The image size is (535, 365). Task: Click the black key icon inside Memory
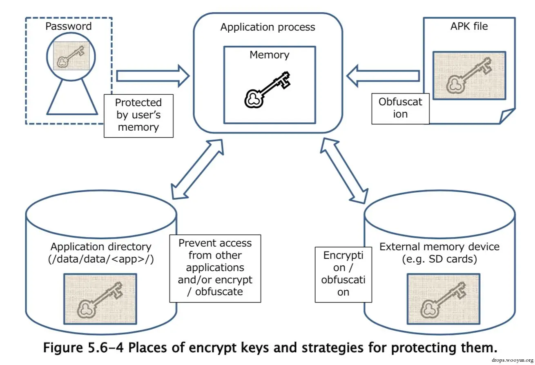(x=267, y=90)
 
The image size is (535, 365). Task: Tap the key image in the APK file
(x=469, y=76)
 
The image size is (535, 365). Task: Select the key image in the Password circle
(x=71, y=56)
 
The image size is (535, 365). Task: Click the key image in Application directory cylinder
(x=100, y=299)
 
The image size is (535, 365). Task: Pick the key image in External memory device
(x=444, y=299)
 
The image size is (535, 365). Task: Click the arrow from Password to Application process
(x=153, y=76)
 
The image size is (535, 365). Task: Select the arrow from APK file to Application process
(x=383, y=76)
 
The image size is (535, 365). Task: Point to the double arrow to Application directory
(x=197, y=169)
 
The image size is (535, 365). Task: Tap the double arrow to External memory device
(x=344, y=171)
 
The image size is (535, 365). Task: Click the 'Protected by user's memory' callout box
(x=138, y=116)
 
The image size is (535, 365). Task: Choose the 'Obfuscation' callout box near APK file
(x=400, y=109)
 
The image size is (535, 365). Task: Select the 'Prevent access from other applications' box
(x=215, y=269)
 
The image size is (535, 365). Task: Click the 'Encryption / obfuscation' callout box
(x=343, y=275)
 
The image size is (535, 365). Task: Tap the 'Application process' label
(x=268, y=27)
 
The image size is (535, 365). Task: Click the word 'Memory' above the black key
(x=270, y=55)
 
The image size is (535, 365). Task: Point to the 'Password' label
(x=69, y=26)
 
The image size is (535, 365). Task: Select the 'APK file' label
(x=469, y=26)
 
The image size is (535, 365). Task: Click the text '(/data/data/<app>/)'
(x=101, y=259)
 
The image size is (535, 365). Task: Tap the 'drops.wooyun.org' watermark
(x=512, y=360)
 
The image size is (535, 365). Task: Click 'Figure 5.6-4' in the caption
(x=83, y=347)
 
